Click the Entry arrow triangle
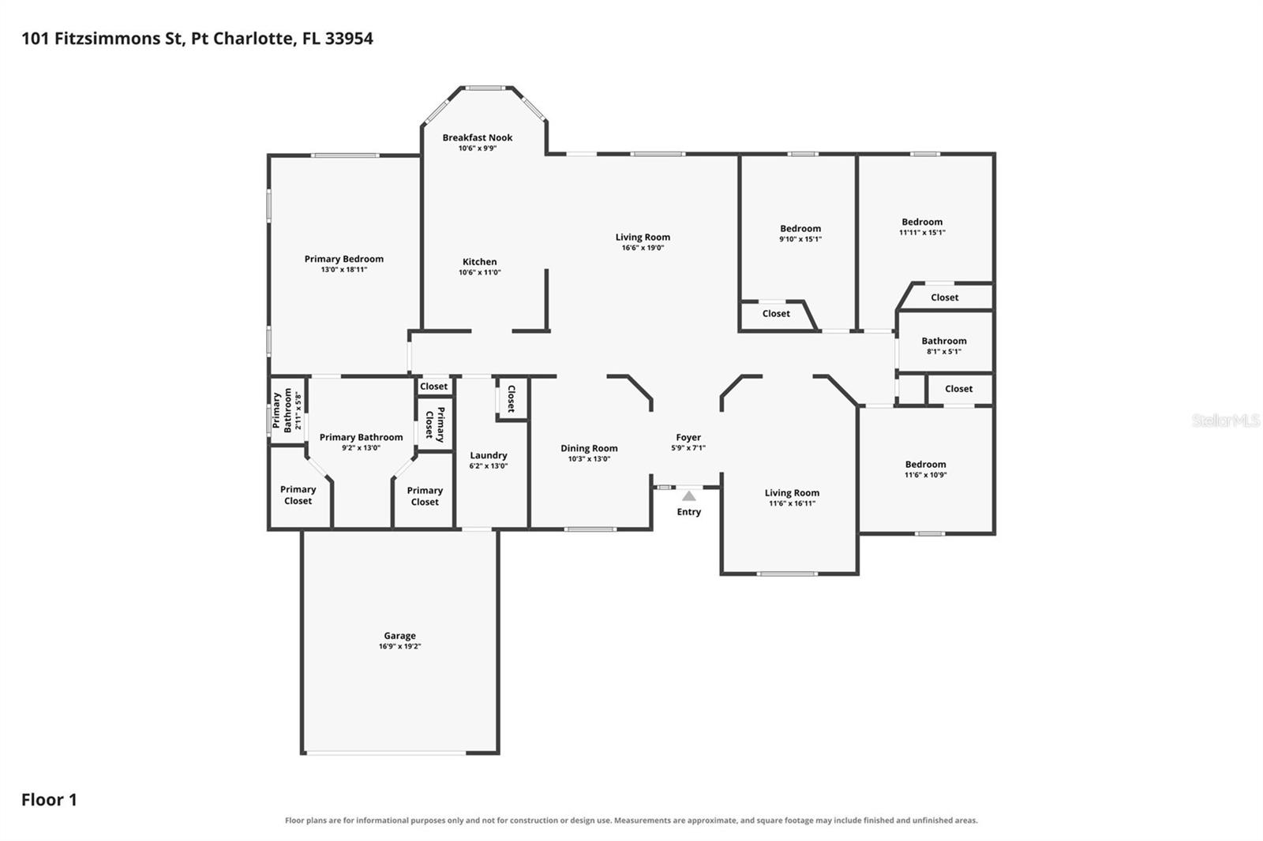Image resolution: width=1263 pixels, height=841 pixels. pos(688,496)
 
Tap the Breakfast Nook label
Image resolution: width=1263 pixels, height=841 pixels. pos(478,137)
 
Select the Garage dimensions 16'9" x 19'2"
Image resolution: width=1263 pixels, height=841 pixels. pos(399,647)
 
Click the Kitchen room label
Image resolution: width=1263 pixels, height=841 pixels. pos(480,262)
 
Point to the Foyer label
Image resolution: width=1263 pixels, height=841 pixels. pos(688,437)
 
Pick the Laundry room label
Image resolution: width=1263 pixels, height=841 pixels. pos(489,455)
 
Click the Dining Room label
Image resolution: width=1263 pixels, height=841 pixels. pos(589,448)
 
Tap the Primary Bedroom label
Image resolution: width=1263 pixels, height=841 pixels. pos(344,260)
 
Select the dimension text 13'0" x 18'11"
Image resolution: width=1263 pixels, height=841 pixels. pos(344,270)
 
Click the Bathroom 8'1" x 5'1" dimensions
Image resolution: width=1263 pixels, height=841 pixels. pos(944,352)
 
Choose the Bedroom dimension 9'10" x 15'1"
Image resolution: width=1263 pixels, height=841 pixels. pos(800,239)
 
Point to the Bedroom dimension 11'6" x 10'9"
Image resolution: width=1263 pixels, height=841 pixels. pos(926,475)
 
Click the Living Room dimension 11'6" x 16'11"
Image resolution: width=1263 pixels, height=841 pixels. pos(793,503)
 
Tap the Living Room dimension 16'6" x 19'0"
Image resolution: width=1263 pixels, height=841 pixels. pos(643,248)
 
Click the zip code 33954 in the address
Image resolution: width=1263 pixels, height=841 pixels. pos(349,39)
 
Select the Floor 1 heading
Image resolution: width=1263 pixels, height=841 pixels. pos(49,800)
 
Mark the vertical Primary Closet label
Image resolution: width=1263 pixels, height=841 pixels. pos(435,424)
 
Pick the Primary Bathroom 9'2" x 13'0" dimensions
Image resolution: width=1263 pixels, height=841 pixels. pos(361,448)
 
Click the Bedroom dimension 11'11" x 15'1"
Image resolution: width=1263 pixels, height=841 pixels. pos(923,232)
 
